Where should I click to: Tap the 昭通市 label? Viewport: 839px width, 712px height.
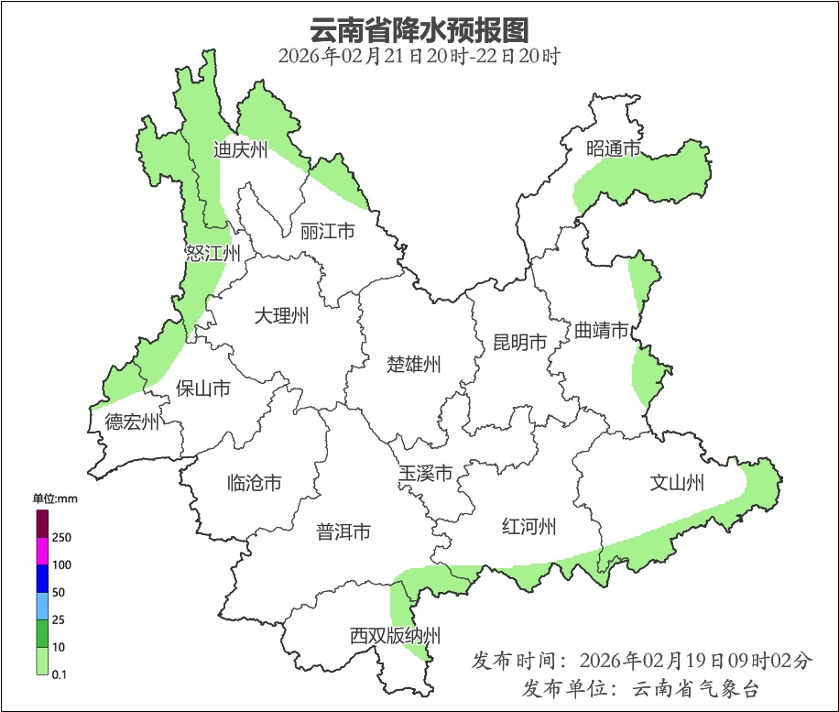613,149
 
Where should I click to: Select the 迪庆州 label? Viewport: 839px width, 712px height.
240,150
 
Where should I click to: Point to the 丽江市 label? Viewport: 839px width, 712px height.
327,232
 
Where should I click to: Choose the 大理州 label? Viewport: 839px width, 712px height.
281,317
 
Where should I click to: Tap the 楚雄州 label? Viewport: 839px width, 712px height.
414,365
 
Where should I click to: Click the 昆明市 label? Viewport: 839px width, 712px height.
519,343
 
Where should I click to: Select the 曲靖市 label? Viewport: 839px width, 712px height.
602,330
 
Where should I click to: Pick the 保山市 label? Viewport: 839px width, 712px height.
202,389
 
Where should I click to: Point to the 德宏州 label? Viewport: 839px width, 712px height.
132,422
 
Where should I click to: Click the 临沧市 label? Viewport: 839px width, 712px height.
254,483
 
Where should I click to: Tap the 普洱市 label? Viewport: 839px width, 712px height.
343,531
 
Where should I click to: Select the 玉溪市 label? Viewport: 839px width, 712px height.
425,475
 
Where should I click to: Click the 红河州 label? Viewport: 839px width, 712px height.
529,527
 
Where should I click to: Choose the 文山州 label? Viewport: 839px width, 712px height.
677,482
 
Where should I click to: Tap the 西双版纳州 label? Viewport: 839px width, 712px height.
395,636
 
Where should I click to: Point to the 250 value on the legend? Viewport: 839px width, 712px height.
62,537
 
